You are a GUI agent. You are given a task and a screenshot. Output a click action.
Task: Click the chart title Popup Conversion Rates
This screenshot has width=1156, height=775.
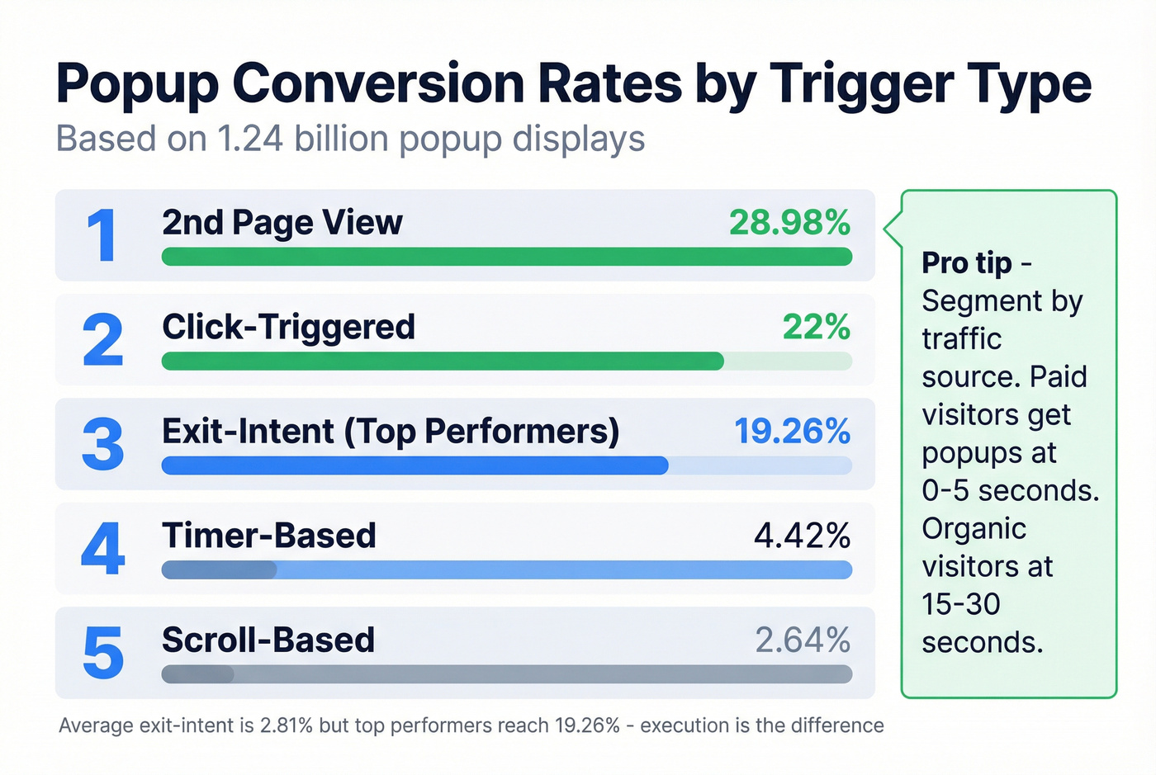[x=573, y=84]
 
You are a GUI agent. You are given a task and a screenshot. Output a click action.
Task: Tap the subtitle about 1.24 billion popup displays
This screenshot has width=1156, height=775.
[x=350, y=139]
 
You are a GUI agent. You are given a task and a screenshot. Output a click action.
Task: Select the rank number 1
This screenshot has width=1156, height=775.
[x=102, y=236]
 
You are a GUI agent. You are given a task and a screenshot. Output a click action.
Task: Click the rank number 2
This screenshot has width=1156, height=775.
[x=102, y=340]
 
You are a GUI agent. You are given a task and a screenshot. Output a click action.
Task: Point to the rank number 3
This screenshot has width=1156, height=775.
[x=102, y=445]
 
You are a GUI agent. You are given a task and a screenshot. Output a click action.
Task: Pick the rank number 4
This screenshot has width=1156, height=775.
[x=102, y=549]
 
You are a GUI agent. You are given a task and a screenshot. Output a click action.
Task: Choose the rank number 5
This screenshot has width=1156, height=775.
[x=102, y=653]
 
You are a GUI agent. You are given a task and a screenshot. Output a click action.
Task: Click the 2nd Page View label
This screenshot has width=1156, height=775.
[x=282, y=223]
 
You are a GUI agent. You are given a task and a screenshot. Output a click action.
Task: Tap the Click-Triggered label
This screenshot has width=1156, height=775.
[x=288, y=327]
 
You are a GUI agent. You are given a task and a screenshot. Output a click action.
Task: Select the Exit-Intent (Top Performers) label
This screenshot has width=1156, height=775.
[x=391, y=432]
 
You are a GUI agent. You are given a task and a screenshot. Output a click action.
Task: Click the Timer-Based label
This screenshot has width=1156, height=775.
[x=268, y=536]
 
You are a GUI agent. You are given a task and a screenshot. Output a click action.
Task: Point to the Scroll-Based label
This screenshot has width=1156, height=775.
[x=268, y=640]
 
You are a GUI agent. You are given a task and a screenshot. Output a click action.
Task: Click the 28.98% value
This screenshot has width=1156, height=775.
[x=789, y=223]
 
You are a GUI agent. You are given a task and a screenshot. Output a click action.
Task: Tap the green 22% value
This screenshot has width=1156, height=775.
[x=816, y=327]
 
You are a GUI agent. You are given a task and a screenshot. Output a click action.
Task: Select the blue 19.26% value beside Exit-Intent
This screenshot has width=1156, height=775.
[x=792, y=432]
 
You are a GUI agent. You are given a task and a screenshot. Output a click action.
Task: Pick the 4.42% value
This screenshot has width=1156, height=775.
[x=802, y=536]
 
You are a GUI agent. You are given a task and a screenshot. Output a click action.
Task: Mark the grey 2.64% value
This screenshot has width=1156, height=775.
[x=802, y=640]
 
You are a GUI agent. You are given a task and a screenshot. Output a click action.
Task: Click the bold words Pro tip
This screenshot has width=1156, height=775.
[x=966, y=263]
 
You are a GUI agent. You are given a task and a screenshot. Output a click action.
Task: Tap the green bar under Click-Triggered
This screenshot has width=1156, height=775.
[x=443, y=361]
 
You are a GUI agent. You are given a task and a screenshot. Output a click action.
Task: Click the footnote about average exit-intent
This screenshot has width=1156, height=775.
[x=471, y=725]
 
